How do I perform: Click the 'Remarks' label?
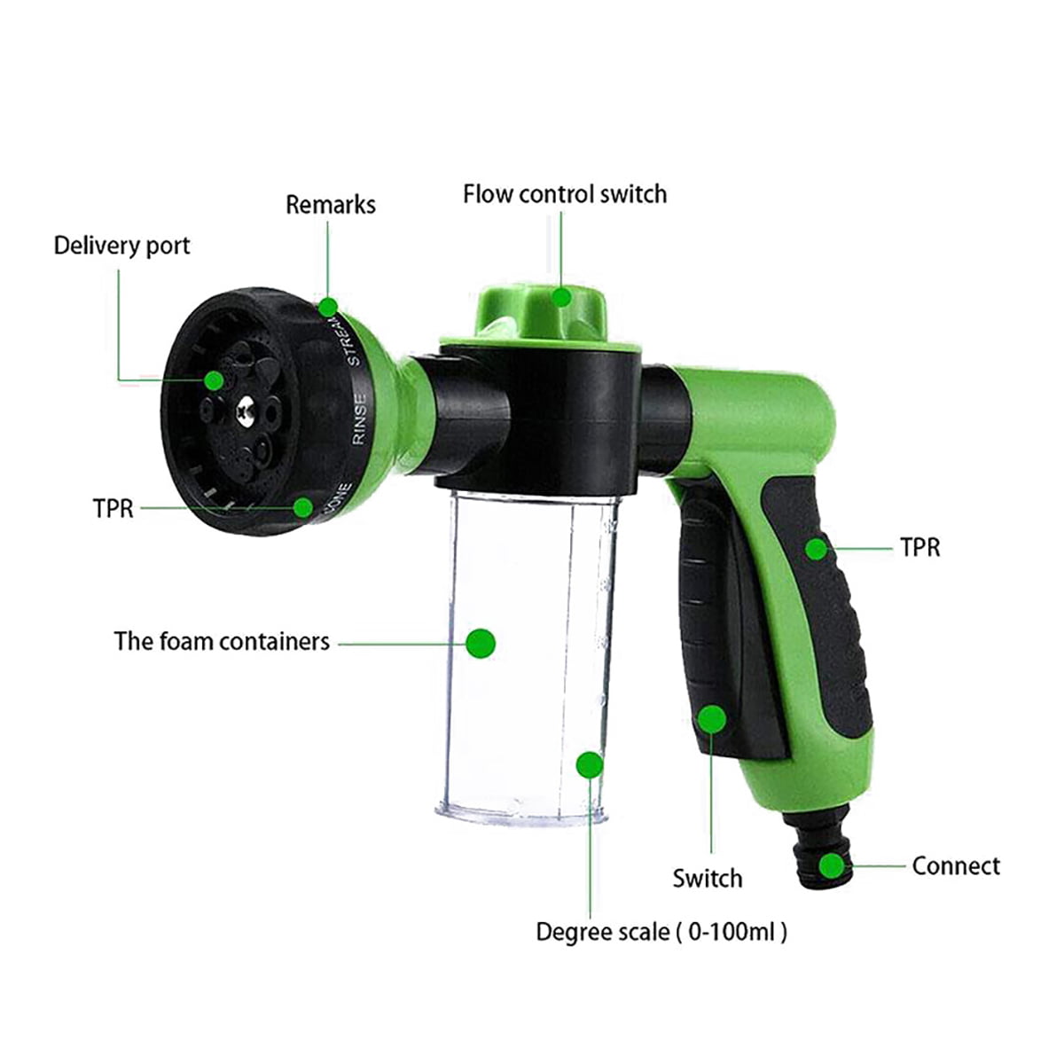[x=330, y=205]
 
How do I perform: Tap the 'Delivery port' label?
[x=121, y=246]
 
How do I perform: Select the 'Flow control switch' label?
[x=564, y=194]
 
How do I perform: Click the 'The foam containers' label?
[x=222, y=641]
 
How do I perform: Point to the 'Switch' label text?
[x=707, y=879]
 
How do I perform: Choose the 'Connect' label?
[x=955, y=865]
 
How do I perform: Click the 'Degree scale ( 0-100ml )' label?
[x=661, y=932]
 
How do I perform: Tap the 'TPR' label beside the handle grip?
[x=919, y=548]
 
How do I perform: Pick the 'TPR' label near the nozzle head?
[x=113, y=509]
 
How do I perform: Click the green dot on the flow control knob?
[x=560, y=296]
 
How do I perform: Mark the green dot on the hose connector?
[x=832, y=865]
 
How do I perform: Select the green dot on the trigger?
[x=711, y=719]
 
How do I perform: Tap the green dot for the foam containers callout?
[x=481, y=643]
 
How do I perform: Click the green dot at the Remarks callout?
[x=329, y=308]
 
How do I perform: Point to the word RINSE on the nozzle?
[x=360, y=419]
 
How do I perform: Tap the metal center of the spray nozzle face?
[x=244, y=409]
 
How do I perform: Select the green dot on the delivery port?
[x=214, y=380]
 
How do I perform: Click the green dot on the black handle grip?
[x=816, y=549]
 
